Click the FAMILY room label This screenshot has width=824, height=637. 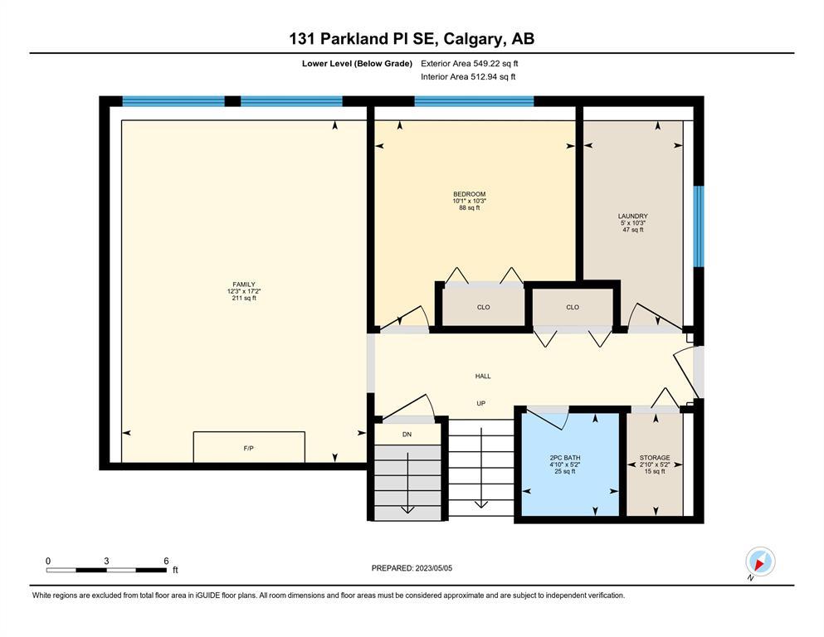coord(244,284)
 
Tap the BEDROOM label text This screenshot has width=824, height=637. coord(470,194)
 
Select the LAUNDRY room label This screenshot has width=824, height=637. coord(632,216)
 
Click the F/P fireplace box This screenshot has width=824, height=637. coord(249,447)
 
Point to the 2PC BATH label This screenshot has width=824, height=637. coord(565,458)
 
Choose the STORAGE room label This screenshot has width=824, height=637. coord(655,458)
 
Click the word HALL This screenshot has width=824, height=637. coord(483,376)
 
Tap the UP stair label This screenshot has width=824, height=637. coord(480,403)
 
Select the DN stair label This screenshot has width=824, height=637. coord(407,435)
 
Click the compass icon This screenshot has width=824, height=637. coord(760,562)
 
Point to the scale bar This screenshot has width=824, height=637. coord(107,570)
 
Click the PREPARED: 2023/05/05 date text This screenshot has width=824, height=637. coord(412,568)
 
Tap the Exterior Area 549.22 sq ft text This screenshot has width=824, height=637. coord(470,64)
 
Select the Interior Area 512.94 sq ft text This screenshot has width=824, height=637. coord(468,76)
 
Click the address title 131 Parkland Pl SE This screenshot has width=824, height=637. coord(365,39)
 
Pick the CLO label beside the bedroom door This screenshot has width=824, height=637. coord(484,307)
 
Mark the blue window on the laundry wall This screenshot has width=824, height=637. coord(699,226)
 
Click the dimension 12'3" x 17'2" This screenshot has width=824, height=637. coord(244,291)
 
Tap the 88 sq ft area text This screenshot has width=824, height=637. coord(470,208)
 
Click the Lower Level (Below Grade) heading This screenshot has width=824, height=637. coord(357,64)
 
